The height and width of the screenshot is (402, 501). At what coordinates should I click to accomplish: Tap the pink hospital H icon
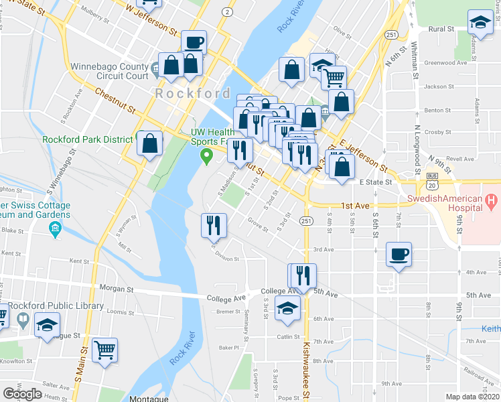[492, 200]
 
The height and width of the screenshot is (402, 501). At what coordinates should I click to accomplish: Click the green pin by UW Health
[207, 157]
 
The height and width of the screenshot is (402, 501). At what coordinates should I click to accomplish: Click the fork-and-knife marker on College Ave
[302, 275]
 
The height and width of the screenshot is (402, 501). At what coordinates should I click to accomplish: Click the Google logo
[22, 394]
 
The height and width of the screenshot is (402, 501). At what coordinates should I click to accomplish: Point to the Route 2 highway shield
[228, 12]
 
